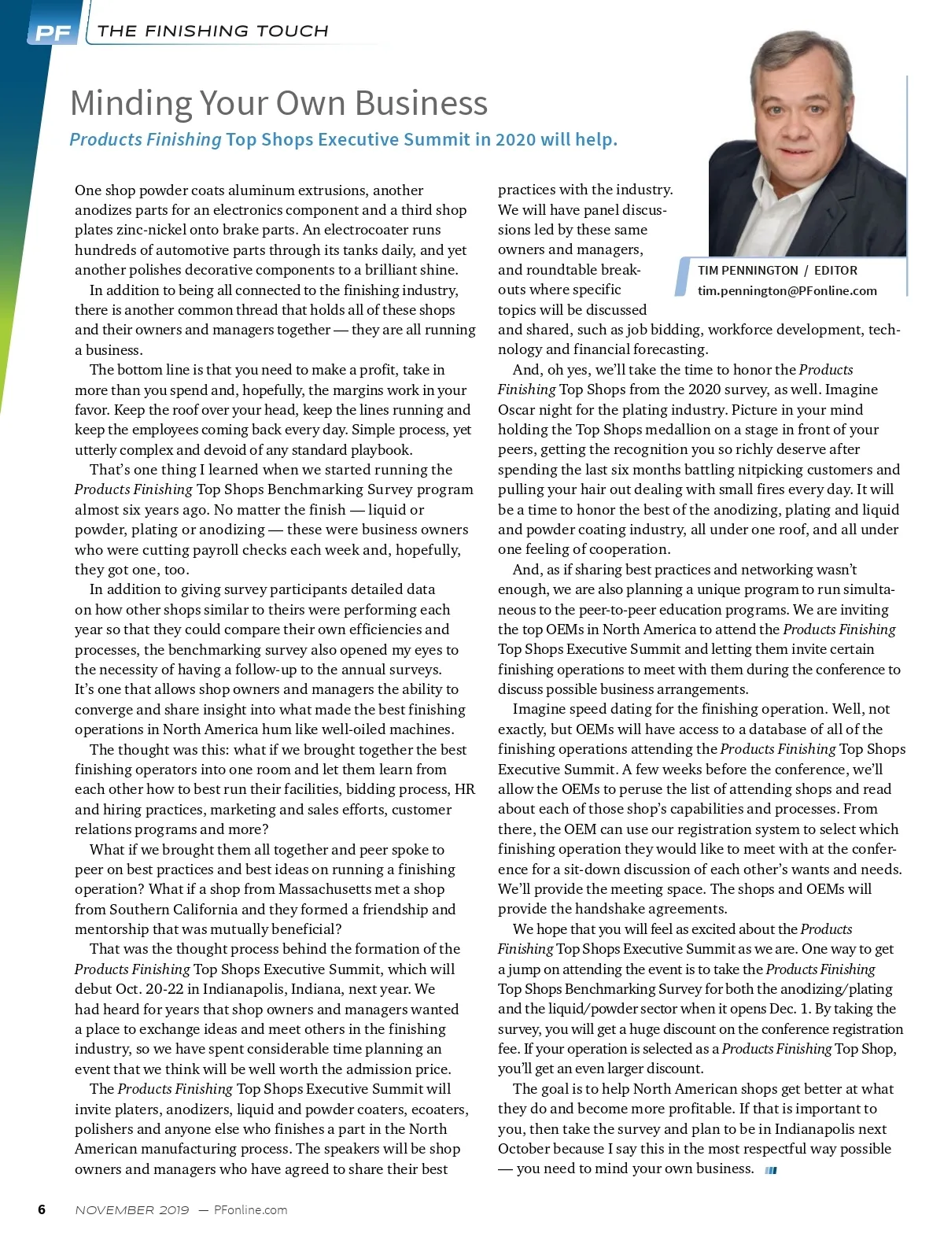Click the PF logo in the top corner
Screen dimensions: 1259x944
pyautogui.click(x=52, y=32)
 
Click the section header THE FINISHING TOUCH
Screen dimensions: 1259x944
pyautogui.click(x=212, y=31)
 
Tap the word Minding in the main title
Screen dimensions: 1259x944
pyautogui.click(x=131, y=103)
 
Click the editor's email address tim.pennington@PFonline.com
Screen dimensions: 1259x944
pyautogui.click(x=787, y=290)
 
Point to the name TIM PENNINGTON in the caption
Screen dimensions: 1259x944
pyautogui.click(x=747, y=270)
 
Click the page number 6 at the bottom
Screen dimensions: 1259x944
pyautogui.click(x=42, y=1209)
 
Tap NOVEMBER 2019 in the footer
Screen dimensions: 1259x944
pyautogui.click(x=132, y=1210)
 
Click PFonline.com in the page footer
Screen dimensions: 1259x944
pyautogui.click(x=250, y=1210)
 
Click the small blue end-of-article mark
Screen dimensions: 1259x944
pyautogui.click(x=771, y=1170)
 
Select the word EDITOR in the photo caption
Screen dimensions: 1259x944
pyautogui.click(x=835, y=270)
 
